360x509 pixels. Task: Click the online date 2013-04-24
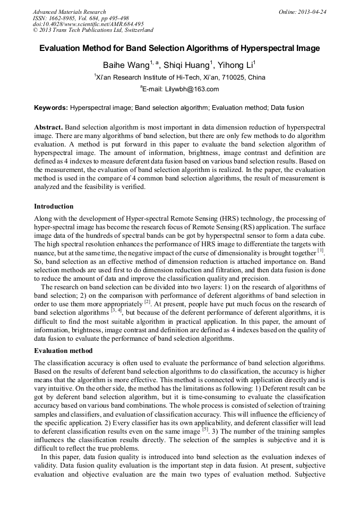[311, 12]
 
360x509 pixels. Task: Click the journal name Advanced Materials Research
[69, 12]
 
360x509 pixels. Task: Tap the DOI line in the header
[88, 24]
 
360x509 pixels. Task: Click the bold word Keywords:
[51, 108]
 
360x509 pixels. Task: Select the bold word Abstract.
[48, 128]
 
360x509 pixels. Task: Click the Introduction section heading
[54, 206]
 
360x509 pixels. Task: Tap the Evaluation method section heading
[63, 351]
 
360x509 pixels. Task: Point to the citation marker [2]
[147, 301]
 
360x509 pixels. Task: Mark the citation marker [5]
[204, 429]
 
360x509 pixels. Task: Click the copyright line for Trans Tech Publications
[93, 30]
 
